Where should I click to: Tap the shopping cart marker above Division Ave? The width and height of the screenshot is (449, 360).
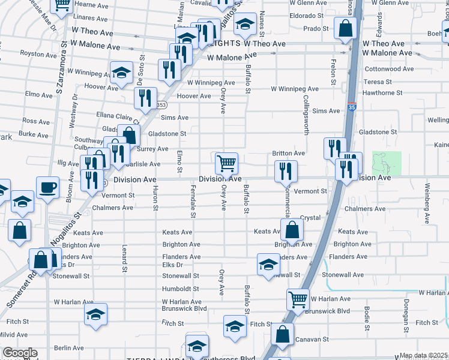pos(226,163)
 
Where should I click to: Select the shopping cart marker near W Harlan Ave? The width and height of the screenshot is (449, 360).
pos(298,299)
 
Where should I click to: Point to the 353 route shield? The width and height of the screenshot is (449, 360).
pos(161,105)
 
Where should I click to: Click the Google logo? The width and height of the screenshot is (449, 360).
pos(19,353)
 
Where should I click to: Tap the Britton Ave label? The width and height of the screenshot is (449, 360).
pos(288,154)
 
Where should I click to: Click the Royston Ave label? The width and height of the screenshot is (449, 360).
pos(38,54)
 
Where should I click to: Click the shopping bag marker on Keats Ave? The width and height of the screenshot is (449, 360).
pos(292,230)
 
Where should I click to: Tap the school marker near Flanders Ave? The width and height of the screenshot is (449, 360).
pos(268,264)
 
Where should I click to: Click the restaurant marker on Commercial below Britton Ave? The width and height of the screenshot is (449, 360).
pos(286,171)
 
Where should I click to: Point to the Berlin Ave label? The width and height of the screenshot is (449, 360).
pos(68,348)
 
